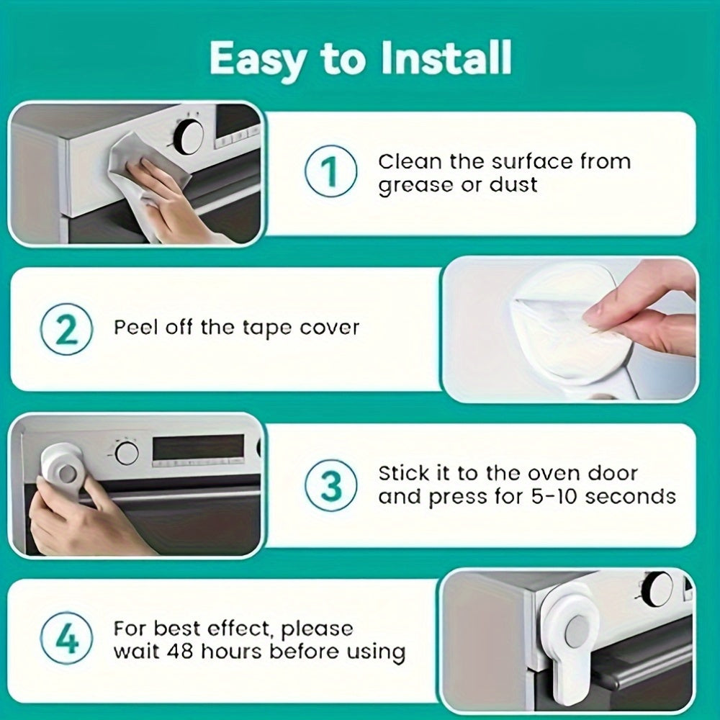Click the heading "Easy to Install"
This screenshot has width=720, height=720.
point(360,59)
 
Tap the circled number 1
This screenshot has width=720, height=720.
point(330,173)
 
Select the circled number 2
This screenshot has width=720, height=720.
point(66,330)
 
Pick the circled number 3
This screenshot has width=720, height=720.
point(330,486)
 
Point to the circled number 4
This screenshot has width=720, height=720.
point(66,641)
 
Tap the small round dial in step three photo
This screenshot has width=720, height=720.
point(127,453)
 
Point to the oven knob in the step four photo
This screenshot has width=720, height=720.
point(657,588)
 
